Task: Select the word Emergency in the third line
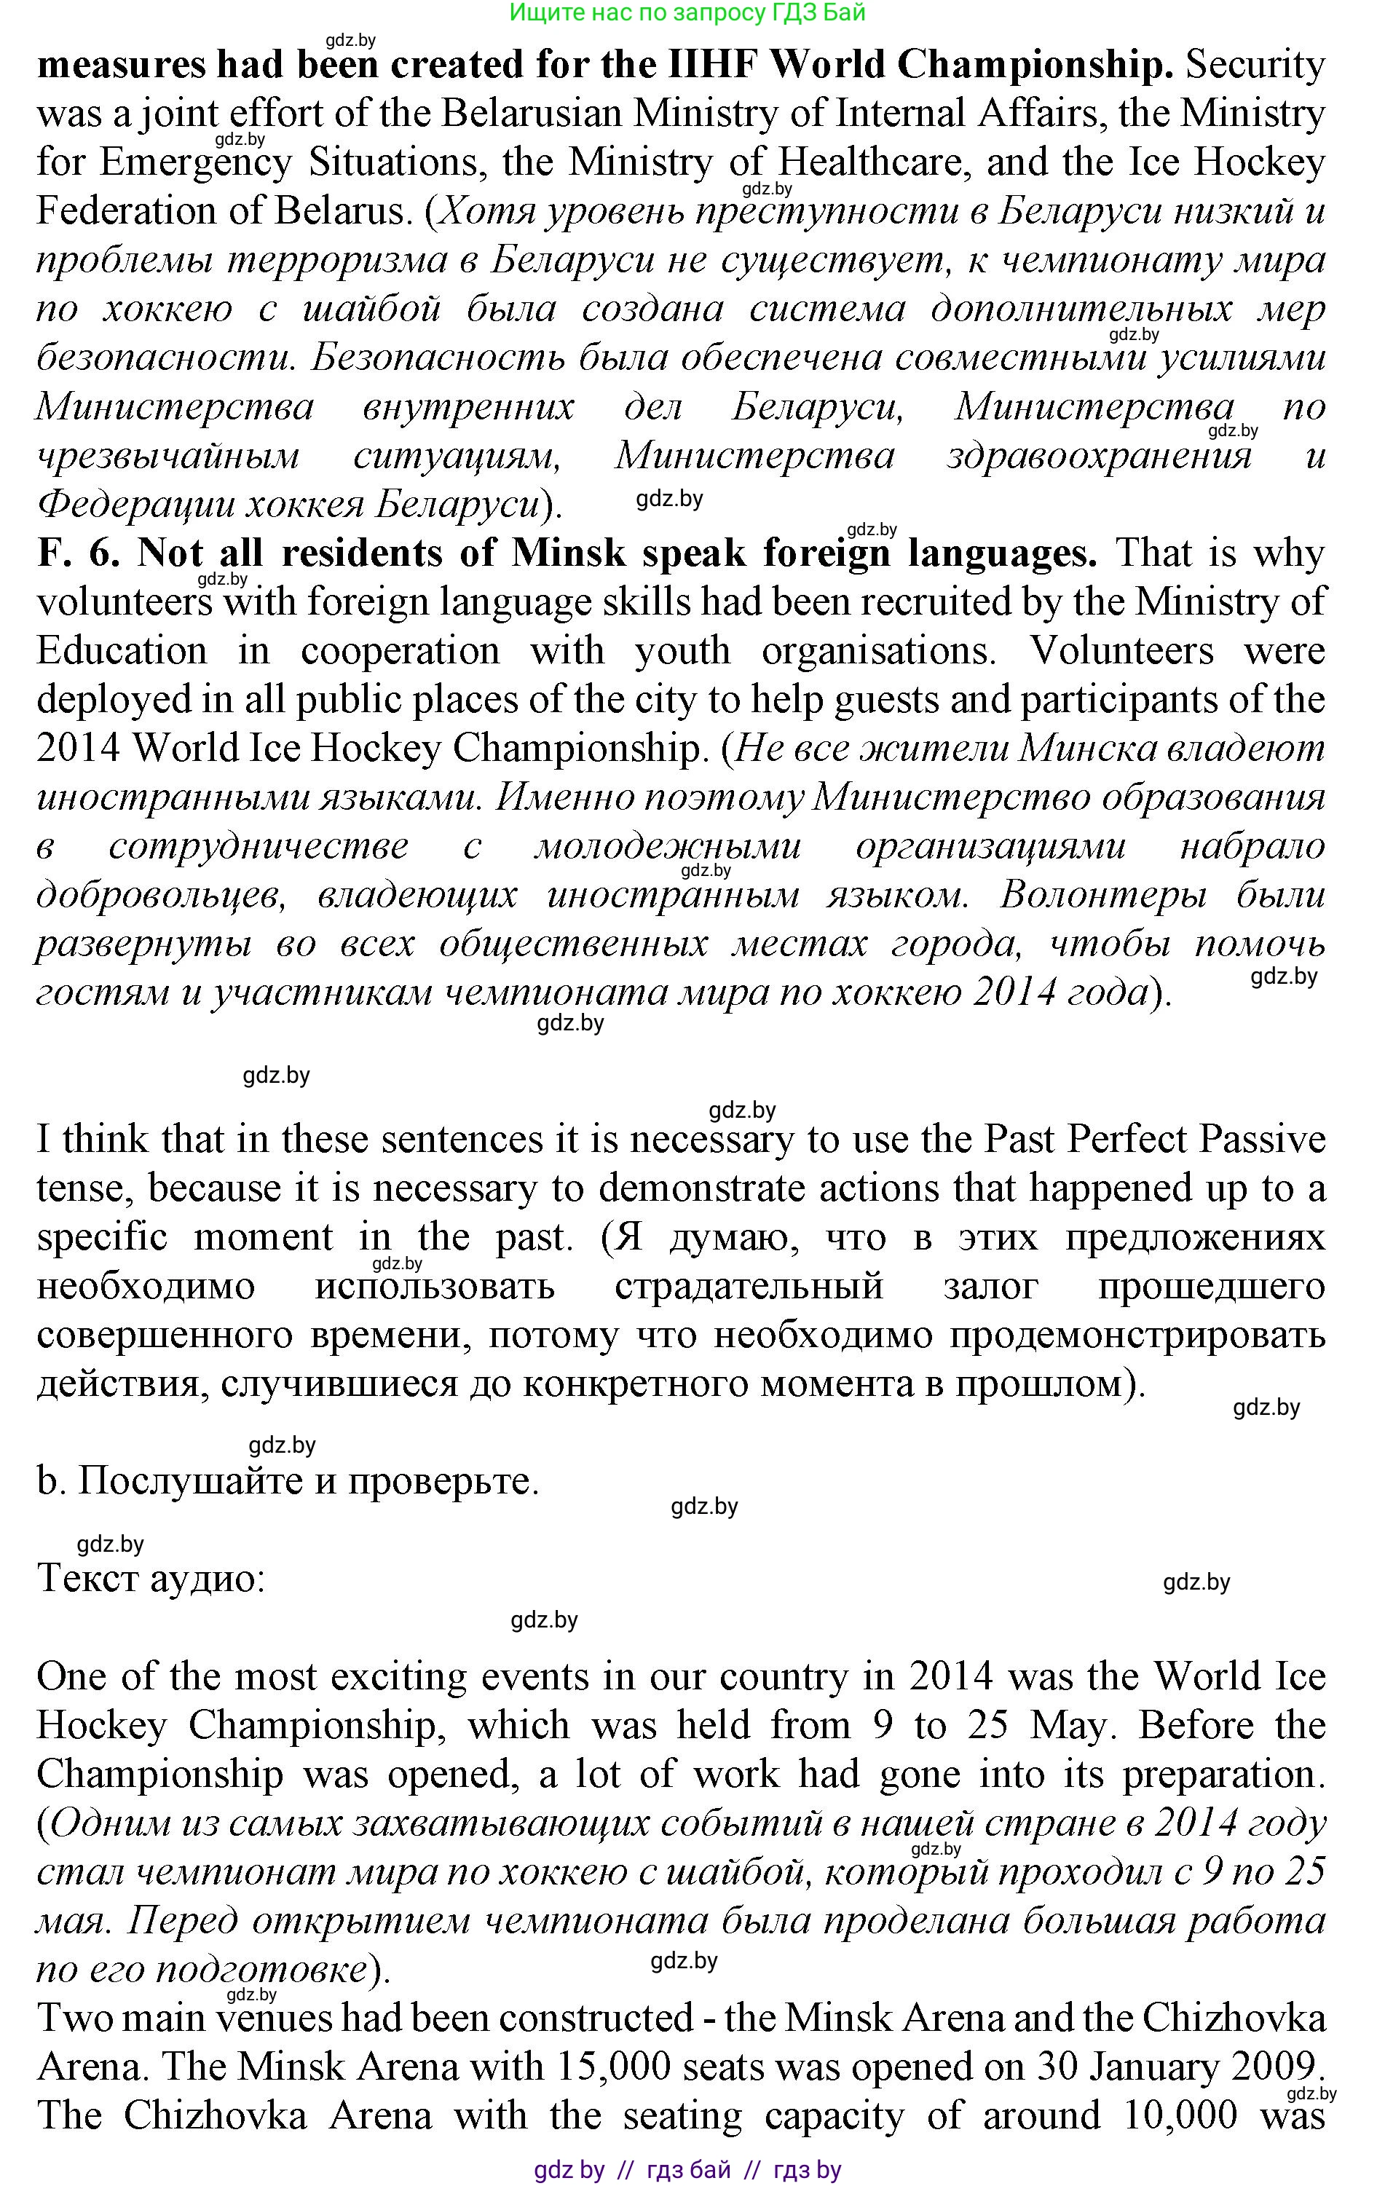[196, 162]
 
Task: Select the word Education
[122, 651]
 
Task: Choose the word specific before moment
[102, 1237]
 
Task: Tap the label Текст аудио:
[151, 1579]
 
